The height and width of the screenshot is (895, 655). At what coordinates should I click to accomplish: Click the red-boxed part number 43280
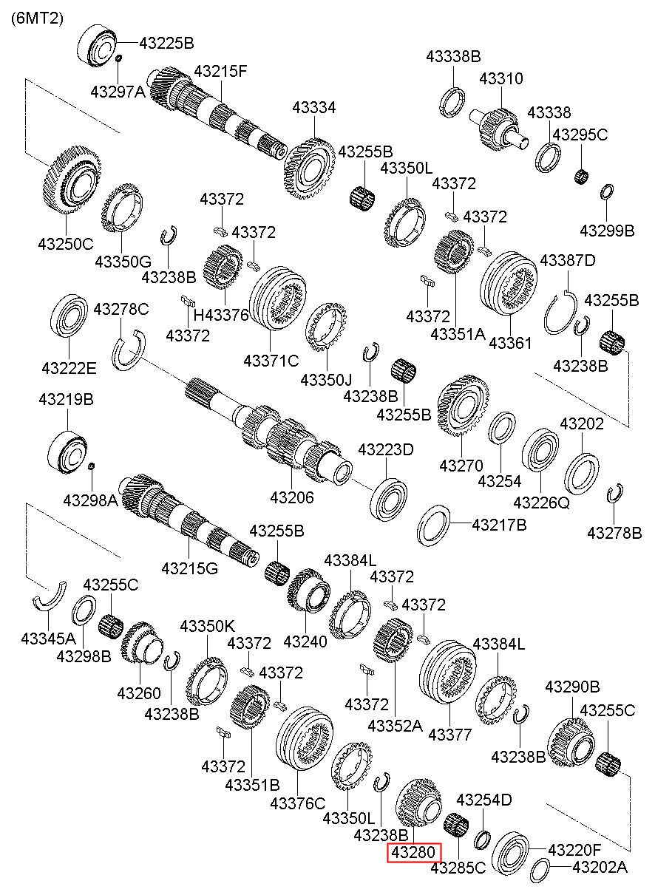pos(414,852)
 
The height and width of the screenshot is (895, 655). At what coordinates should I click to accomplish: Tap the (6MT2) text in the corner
pos(37,18)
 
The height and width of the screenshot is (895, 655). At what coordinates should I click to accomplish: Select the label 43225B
pos(166,43)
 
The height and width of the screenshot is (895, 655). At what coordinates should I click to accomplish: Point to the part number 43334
pos(313,108)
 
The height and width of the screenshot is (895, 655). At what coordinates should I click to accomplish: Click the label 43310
pos(501,78)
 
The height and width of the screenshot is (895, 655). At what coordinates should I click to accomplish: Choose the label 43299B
pos(607,231)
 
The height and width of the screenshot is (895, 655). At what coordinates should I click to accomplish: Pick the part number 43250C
pos(66,244)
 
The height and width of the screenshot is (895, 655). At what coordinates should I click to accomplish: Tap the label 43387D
pos(568,260)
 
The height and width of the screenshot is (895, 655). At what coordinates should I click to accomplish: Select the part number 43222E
pos(69,368)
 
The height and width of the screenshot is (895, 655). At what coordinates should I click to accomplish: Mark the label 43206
pos(292,497)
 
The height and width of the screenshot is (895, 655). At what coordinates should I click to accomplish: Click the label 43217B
pos(500,525)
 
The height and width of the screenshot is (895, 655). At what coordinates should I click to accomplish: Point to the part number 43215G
pos(190,568)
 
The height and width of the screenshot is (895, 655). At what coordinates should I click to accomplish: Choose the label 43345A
pos(48,639)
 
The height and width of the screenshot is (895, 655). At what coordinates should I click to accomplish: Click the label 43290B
pos(573,687)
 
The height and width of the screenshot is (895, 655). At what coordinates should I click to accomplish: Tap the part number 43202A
pos(600,867)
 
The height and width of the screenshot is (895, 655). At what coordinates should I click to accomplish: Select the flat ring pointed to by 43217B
pos(434,525)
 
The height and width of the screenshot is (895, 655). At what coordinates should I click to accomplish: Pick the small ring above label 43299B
pos(607,191)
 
